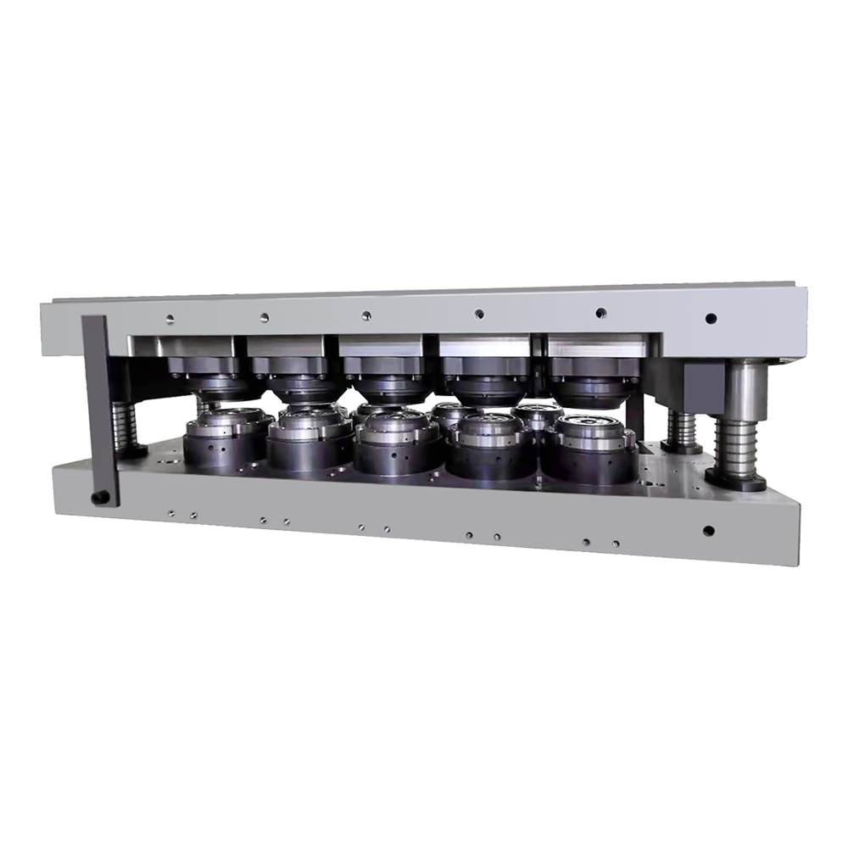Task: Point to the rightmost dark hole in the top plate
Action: point(711,320)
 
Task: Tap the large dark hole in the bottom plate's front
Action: point(709,533)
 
